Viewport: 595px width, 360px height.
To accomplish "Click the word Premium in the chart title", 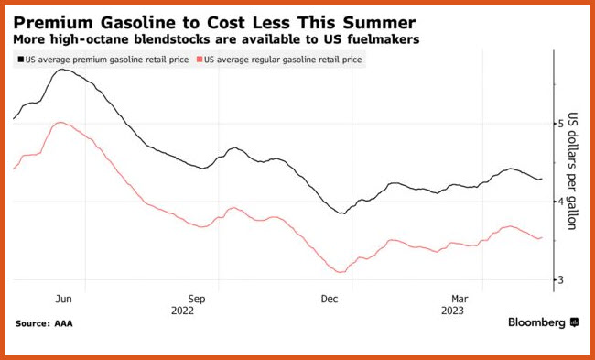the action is [x=53, y=23].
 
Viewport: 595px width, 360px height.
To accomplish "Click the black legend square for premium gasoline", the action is [x=20, y=60].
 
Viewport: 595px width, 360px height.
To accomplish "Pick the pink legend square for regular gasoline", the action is [x=200, y=60].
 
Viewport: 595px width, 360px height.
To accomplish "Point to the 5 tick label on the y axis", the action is [x=561, y=123].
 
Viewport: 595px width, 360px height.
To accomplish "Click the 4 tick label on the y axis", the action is [x=561, y=202].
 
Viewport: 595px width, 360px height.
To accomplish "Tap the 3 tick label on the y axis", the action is [x=561, y=280].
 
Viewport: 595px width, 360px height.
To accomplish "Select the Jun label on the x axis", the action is [x=63, y=299].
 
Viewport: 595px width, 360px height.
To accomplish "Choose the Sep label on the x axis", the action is [x=197, y=299].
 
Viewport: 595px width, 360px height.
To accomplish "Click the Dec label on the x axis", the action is [x=330, y=299].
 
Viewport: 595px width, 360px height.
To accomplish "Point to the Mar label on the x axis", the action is [x=460, y=299].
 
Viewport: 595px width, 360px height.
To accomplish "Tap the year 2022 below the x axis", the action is [x=182, y=311].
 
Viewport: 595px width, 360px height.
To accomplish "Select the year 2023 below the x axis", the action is [x=452, y=311].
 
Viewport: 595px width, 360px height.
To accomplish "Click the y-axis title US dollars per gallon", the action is [x=572, y=171].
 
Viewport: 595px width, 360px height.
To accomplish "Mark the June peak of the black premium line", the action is [x=61, y=70].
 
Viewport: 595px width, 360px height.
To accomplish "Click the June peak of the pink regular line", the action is [x=60, y=122].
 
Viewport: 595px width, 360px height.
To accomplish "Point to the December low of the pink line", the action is [x=341, y=272].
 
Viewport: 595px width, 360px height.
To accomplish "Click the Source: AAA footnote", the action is [x=44, y=324].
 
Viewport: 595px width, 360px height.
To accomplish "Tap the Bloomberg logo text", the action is [x=536, y=322].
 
